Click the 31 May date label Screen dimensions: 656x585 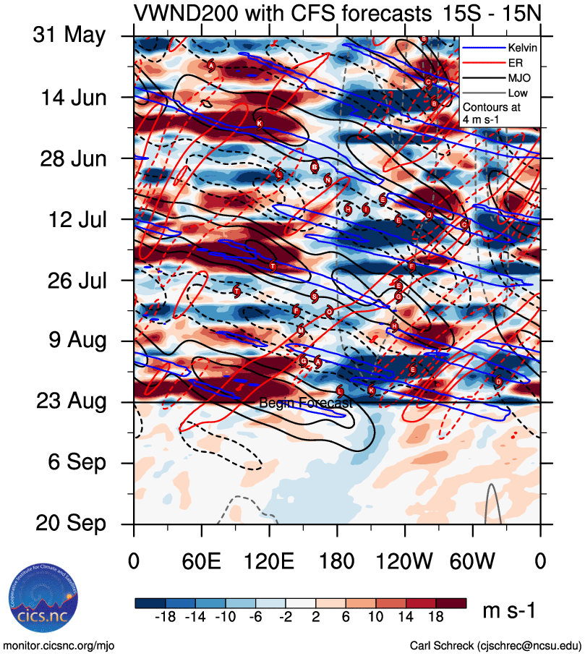pyautogui.click(x=69, y=35)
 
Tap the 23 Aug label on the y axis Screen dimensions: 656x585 pyautogui.click(x=70, y=401)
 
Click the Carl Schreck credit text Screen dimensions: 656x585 pyautogui.click(x=495, y=645)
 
